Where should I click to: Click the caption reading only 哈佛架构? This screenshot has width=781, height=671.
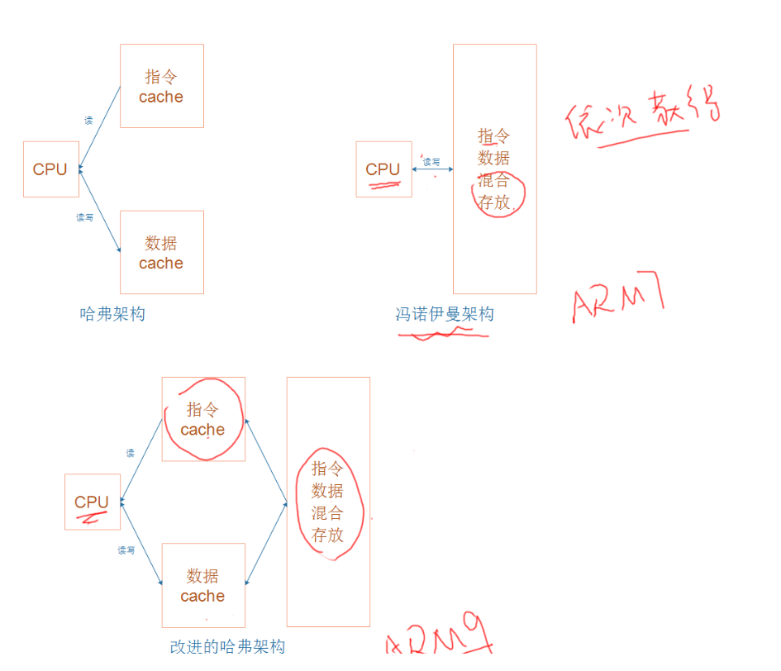pos(112,314)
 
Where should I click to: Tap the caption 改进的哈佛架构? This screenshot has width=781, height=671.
pos(227,646)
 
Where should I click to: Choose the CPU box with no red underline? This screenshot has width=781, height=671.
pos(50,169)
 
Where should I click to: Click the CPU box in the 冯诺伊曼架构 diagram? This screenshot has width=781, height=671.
pos(383,169)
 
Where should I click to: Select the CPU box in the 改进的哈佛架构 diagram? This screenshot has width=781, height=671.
pos(92,502)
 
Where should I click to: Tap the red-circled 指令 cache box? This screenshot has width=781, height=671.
pos(203,419)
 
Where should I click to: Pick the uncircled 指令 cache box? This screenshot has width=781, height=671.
pos(161,86)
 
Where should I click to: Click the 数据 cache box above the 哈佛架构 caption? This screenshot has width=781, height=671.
pos(161,252)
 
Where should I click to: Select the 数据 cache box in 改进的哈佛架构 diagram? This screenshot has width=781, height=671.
pos(203,585)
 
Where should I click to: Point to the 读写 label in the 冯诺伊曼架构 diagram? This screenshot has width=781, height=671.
pos(431,162)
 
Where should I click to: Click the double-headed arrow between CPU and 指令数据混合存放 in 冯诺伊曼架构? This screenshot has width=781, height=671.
pos(432,169)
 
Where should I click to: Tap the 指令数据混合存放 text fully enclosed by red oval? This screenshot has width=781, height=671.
pos(327,502)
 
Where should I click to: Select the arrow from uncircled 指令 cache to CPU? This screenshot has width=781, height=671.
pos(100,128)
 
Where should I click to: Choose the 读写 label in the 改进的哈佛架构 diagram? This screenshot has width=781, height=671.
pos(126,550)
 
